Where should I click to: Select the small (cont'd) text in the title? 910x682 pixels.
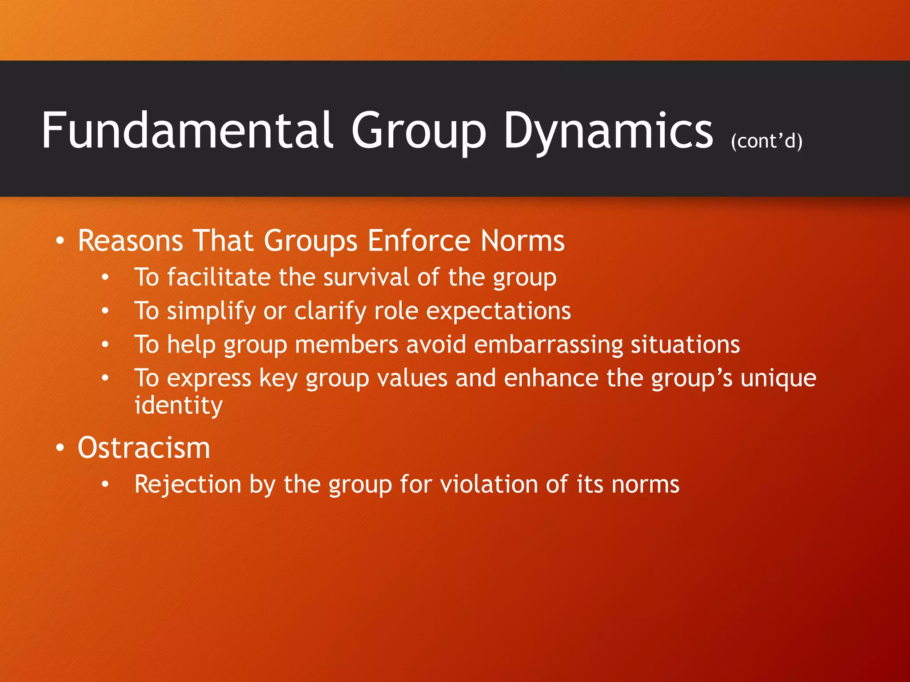(x=766, y=141)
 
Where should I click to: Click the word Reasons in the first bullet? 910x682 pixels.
(x=130, y=241)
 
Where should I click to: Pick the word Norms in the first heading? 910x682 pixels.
(x=523, y=241)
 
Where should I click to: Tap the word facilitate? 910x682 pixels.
(x=219, y=278)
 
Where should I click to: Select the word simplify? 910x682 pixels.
(x=211, y=311)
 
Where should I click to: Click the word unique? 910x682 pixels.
(x=778, y=379)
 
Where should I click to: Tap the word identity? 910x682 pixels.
(x=178, y=405)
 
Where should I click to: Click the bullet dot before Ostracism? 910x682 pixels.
(x=60, y=448)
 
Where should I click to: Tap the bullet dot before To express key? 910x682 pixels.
(x=105, y=379)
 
